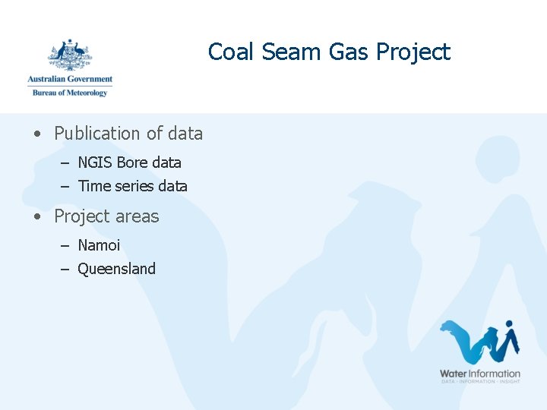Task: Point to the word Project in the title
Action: (413, 52)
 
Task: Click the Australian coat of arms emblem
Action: (70, 55)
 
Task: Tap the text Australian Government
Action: (70, 79)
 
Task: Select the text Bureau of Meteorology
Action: (70, 93)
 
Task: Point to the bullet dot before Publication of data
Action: (37, 134)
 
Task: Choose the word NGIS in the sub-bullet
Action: (95, 162)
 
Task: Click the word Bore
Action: (132, 162)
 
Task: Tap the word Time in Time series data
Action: (94, 186)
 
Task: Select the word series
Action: (134, 186)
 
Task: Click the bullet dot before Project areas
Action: (37, 217)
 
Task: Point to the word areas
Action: (138, 217)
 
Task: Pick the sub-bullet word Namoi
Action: (99, 245)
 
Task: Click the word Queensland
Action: (116, 269)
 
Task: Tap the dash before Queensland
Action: (65, 269)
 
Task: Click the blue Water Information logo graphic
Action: (480, 342)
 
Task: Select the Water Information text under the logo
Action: (480, 373)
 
